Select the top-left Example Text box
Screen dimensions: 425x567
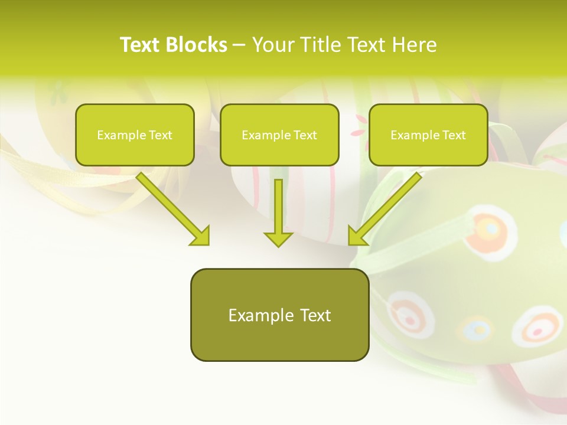pos(135,135)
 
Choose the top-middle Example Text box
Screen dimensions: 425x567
pos(279,135)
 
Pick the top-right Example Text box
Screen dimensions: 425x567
pos(428,135)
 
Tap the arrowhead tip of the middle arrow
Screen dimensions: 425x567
pos(278,244)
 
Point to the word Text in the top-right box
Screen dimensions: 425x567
pos(454,135)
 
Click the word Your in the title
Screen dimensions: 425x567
pos(272,45)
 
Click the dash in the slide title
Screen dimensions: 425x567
pos(239,45)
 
